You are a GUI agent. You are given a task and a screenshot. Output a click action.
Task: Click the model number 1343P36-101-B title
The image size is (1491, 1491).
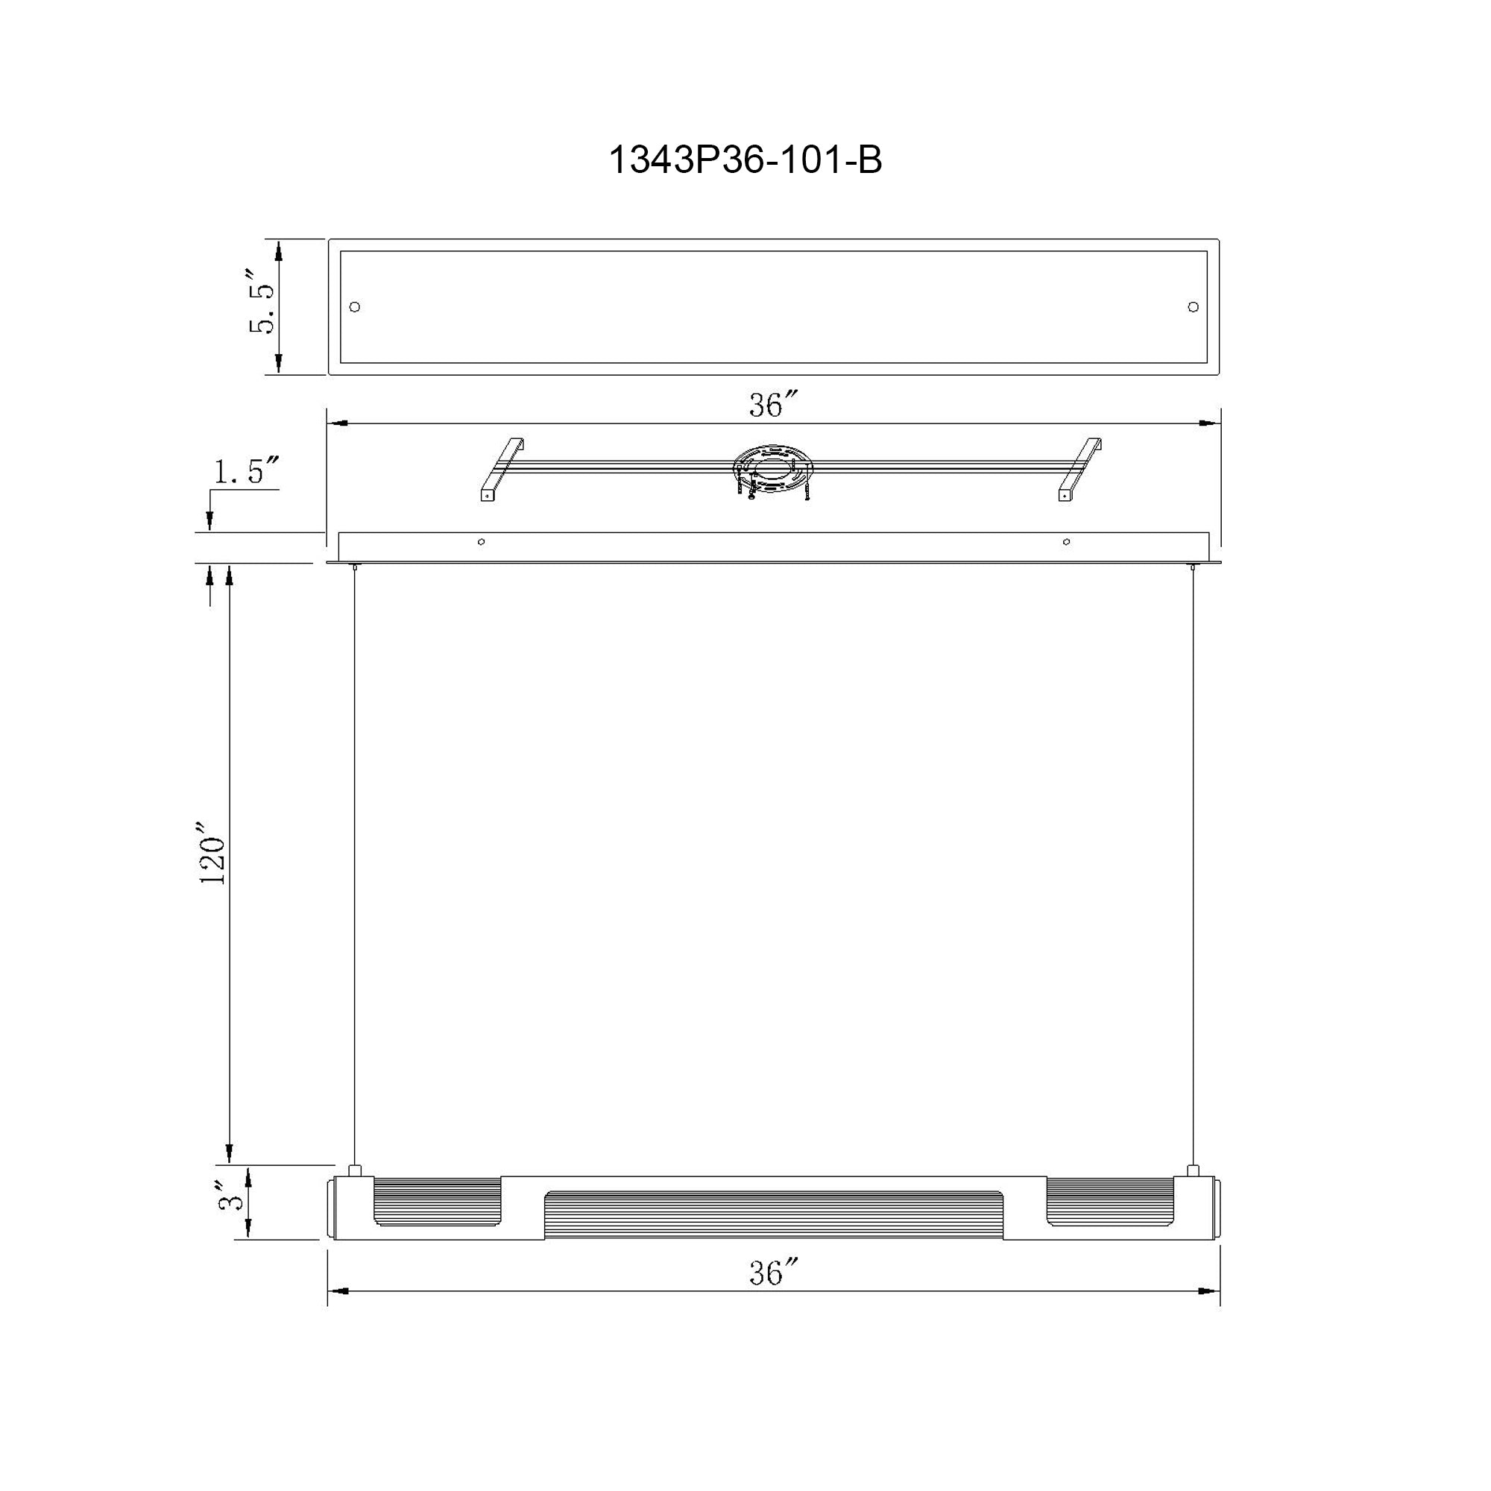(x=745, y=160)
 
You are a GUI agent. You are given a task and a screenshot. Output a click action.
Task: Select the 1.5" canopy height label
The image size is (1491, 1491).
(x=245, y=470)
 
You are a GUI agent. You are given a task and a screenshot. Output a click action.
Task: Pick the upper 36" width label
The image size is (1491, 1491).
(x=772, y=405)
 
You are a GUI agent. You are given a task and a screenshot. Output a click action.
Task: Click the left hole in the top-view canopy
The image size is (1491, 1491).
(x=355, y=307)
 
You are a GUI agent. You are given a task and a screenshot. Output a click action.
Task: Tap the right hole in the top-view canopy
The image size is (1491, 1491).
(x=1193, y=307)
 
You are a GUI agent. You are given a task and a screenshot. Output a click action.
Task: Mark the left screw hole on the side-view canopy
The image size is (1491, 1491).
(x=482, y=542)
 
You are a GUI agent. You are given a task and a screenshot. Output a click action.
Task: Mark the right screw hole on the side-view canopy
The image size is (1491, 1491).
(x=1067, y=542)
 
